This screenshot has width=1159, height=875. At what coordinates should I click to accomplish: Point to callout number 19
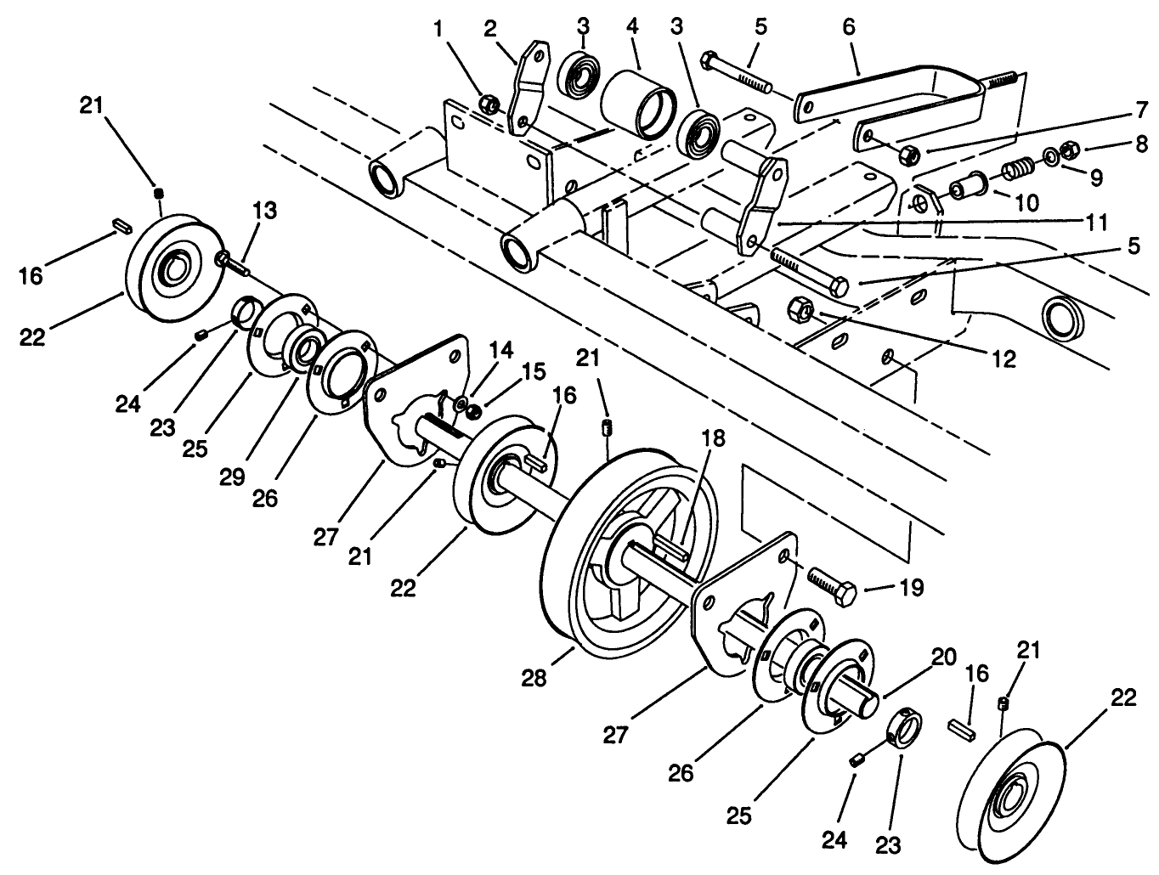(x=911, y=588)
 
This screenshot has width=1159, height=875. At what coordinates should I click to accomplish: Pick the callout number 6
(x=849, y=27)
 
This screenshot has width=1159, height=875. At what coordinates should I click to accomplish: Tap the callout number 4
(x=633, y=27)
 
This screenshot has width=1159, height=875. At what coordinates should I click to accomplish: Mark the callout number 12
(x=1004, y=358)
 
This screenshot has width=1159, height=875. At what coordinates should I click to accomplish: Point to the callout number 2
(x=490, y=27)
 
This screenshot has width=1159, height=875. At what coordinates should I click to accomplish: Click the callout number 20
(x=942, y=657)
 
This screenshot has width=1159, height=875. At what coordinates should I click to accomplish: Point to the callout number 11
(x=1096, y=223)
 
